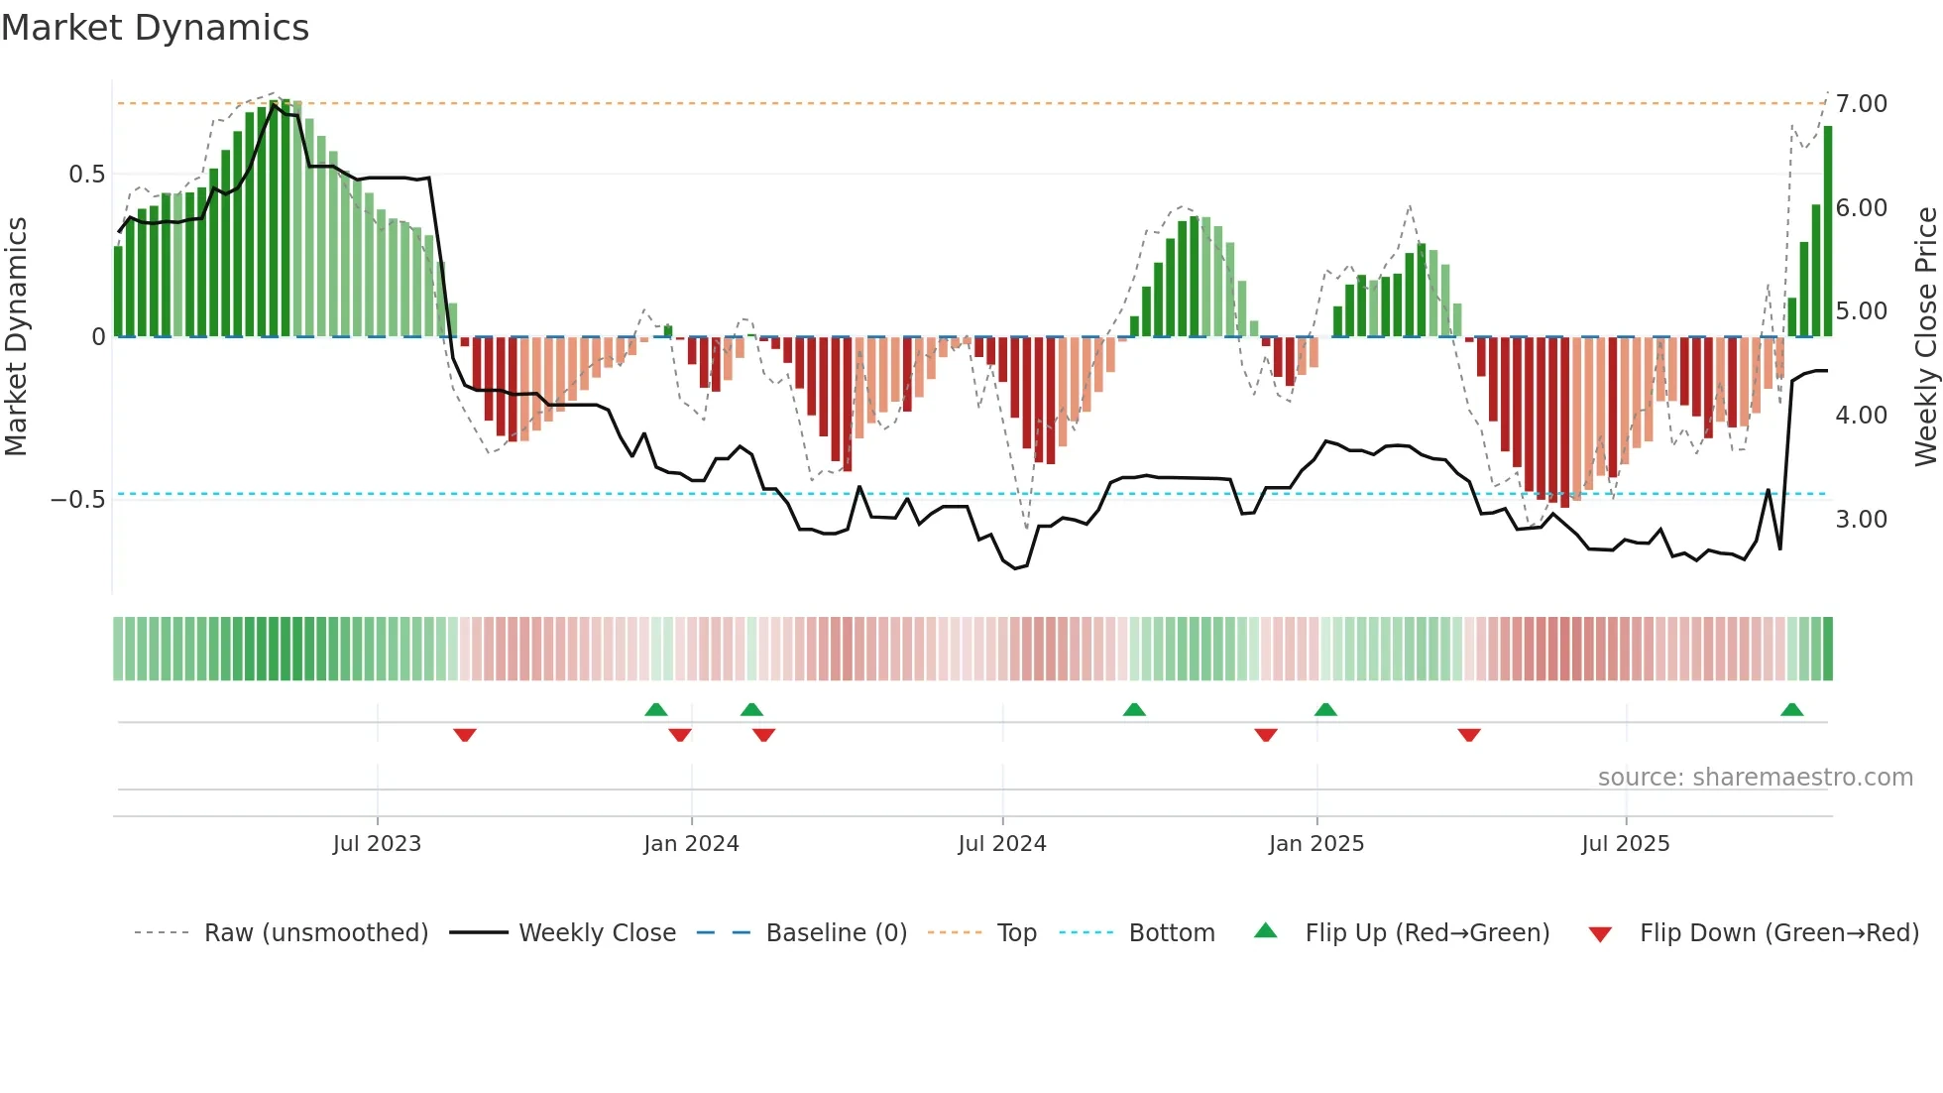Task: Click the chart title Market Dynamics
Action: click(x=156, y=28)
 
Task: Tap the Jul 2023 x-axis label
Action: click(x=377, y=843)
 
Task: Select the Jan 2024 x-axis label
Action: click(x=691, y=843)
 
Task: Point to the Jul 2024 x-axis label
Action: click(x=1002, y=843)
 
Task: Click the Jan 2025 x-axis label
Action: click(x=1316, y=843)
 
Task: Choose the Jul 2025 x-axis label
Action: click(x=1626, y=843)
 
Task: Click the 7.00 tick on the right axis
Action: click(x=1862, y=104)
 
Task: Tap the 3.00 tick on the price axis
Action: click(x=1862, y=520)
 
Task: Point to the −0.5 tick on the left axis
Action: click(x=77, y=499)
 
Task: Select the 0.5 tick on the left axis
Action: click(x=86, y=175)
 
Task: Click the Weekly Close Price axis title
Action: click(x=1925, y=336)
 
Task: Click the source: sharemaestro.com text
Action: click(x=1755, y=777)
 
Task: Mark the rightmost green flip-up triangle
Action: click(x=1791, y=709)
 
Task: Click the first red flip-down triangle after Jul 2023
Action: click(x=465, y=734)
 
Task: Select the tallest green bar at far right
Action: click(x=1828, y=231)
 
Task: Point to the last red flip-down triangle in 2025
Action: click(x=1469, y=734)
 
